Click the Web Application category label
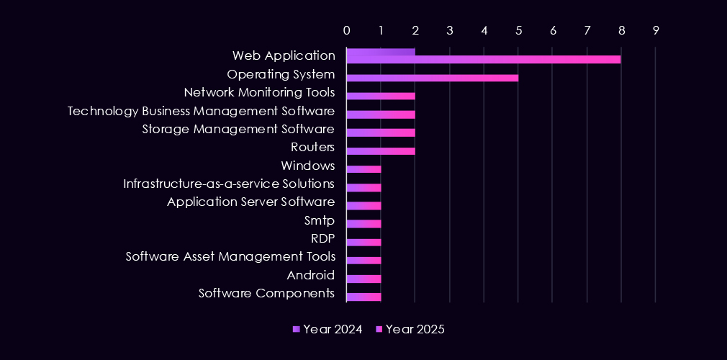[x=284, y=55]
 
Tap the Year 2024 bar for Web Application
[x=381, y=52]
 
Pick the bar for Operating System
[x=432, y=78]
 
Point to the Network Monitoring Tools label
[x=259, y=92]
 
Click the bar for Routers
[x=381, y=151]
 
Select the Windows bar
[x=363, y=169]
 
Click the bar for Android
[x=363, y=279]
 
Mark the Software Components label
[x=266, y=293]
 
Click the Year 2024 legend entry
[x=328, y=329]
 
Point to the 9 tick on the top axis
[x=655, y=31]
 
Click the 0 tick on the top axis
[x=347, y=31]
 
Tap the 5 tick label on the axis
[x=518, y=31]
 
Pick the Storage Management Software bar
[x=381, y=132]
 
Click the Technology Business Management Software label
[x=201, y=111]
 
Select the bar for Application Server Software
[x=363, y=206]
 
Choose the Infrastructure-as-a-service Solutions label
[x=229, y=184]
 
